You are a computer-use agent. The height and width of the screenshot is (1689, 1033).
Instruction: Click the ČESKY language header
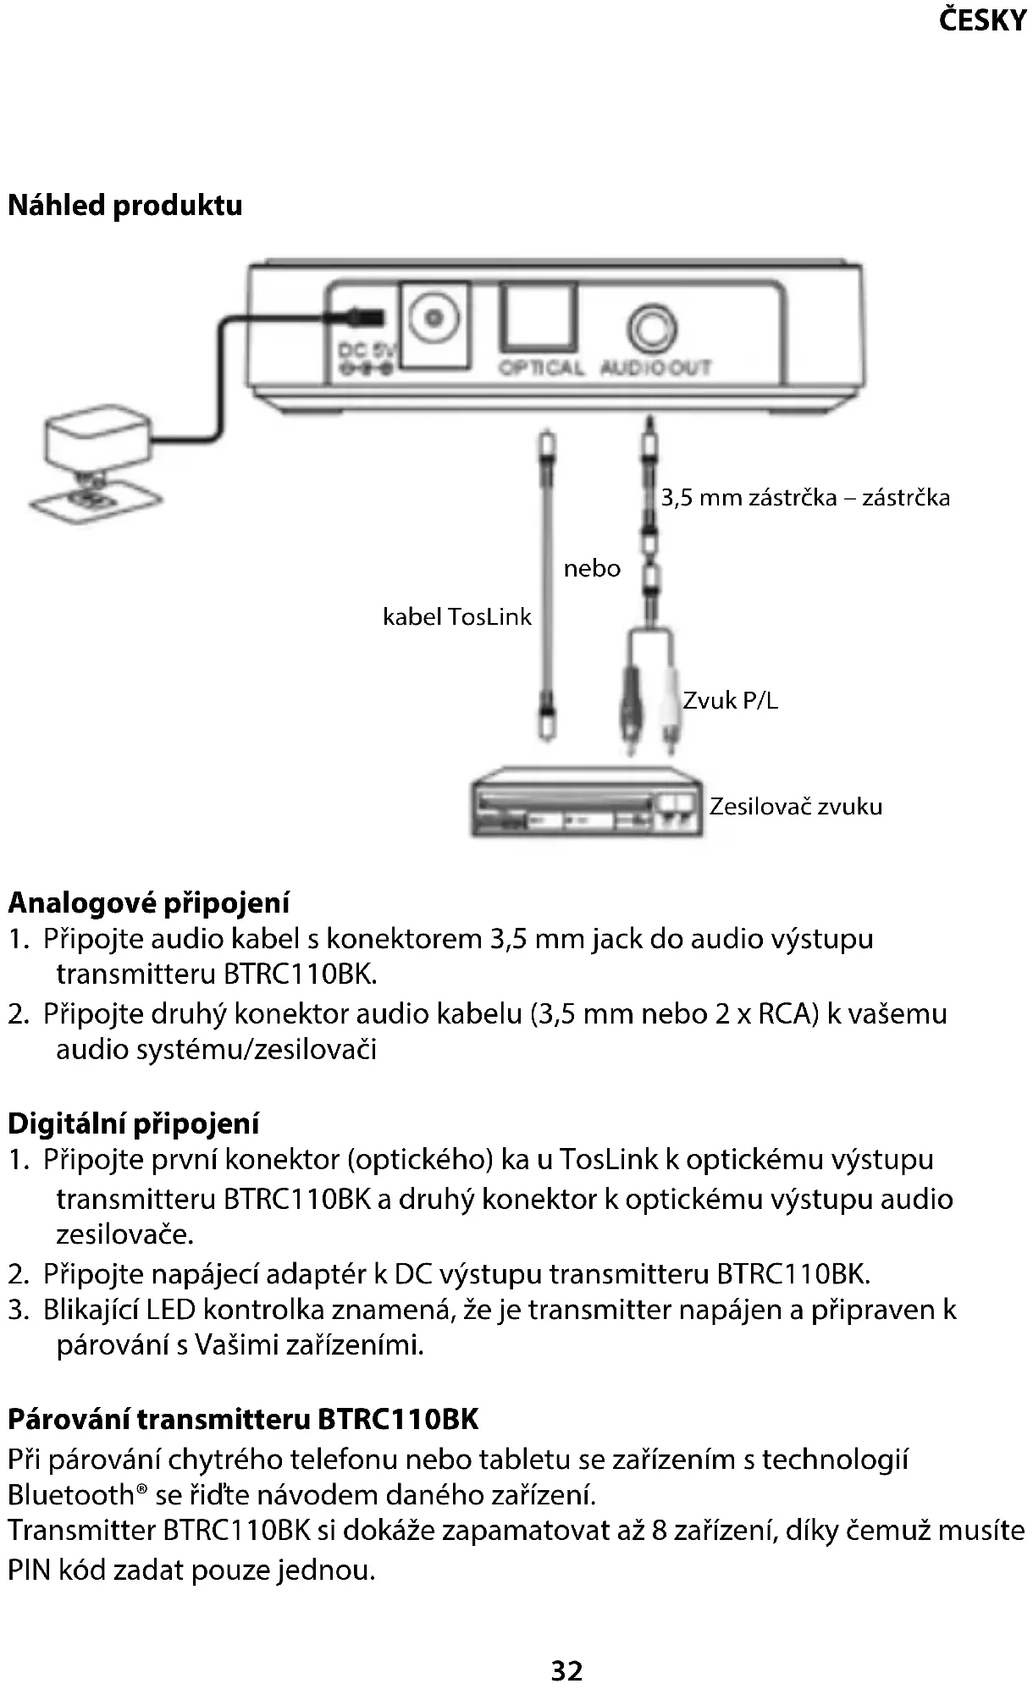982,20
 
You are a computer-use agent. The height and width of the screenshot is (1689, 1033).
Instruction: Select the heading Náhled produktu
125,206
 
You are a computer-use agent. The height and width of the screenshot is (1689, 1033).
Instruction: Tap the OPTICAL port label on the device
540,368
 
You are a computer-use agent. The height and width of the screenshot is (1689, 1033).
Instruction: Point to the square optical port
539,317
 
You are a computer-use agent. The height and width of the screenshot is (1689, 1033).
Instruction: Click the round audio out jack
653,328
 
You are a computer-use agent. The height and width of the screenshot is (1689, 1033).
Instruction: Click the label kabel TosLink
456,616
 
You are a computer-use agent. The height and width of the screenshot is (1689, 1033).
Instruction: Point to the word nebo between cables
592,568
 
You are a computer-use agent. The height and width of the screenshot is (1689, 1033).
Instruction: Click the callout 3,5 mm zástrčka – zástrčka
805,497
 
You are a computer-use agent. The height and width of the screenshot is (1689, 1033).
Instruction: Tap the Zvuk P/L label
730,700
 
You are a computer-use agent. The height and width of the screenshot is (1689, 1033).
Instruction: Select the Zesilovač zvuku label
795,806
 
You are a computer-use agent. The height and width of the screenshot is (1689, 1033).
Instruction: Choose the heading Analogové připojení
149,902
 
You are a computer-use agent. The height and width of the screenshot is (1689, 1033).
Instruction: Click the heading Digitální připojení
134,1123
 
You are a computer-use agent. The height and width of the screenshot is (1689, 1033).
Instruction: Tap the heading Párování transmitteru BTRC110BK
243,1418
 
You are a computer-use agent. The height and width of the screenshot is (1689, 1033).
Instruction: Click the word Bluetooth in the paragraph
70,1495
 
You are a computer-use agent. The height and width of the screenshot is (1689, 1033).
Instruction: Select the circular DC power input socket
434,318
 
